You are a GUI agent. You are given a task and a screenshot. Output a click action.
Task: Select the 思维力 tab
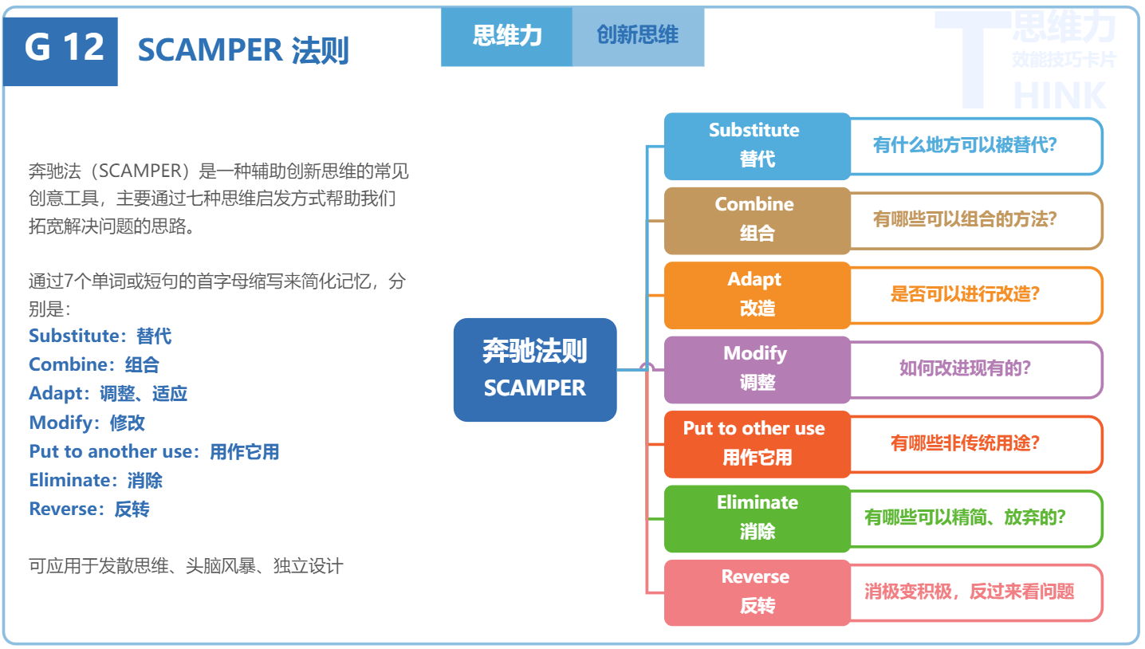[x=506, y=36]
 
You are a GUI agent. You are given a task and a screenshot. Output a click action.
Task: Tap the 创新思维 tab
[x=638, y=36]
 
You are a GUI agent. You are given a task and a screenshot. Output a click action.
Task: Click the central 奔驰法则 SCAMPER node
[x=535, y=370]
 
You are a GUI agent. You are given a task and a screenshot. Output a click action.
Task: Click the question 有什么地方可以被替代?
[x=965, y=146]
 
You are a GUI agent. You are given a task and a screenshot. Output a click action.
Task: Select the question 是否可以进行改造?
[x=965, y=295]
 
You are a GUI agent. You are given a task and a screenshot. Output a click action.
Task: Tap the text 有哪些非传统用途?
[x=965, y=444]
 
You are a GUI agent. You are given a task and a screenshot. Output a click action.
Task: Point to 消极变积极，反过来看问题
[x=969, y=592]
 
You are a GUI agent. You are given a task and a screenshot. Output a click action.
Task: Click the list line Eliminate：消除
[x=96, y=481]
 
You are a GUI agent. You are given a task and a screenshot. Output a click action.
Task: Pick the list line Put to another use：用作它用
[x=154, y=452]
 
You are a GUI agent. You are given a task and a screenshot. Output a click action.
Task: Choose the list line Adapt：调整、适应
[x=108, y=394]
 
